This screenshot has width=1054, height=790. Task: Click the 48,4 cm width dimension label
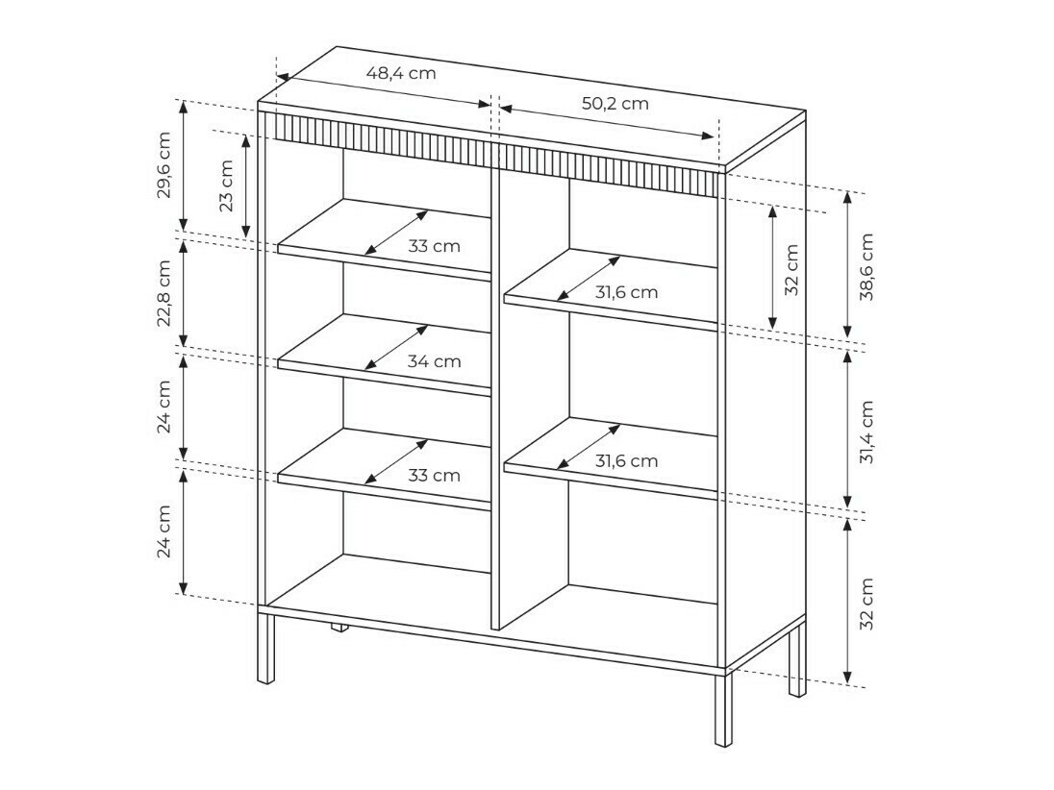click(x=400, y=72)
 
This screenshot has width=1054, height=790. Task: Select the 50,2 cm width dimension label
click(x=615, y=104)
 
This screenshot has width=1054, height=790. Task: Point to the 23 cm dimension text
click(x=226, y=185)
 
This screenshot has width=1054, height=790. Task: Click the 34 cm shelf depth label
click(x=434, y=361)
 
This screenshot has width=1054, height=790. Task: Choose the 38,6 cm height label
click(x=866, y=266)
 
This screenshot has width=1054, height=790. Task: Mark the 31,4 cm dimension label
click(x=866, y=432)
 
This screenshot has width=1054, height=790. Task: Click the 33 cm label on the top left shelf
click(x=434, y=246)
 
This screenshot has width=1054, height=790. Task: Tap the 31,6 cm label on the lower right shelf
click(x=626, y=461)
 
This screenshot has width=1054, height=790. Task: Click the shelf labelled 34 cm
click(x=317, y=356)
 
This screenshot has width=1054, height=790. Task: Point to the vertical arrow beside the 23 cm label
click(x=246, y=185)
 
